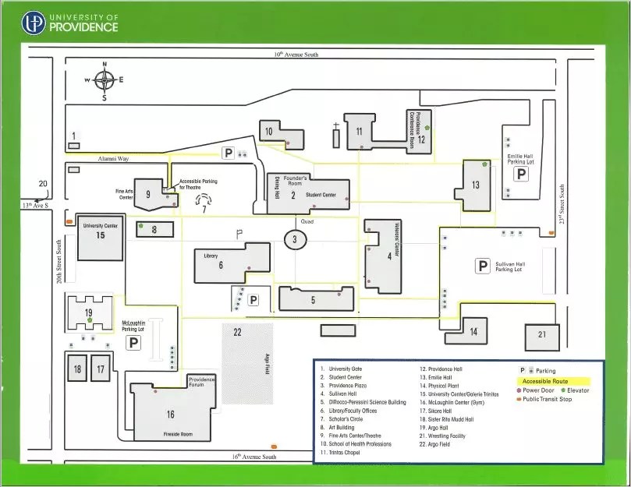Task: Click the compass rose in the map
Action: tap(105, 79)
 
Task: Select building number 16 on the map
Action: tap(170, 414)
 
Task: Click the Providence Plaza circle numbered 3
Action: tap(295, 240)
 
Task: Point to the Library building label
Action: tap(211, 256)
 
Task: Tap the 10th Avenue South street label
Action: tap(296, 55)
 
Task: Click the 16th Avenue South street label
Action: tap(253, 457)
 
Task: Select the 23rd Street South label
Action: tap(562, 205)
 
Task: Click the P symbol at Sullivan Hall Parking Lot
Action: tap(483, 266)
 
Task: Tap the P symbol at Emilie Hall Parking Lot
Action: tap(520, 175)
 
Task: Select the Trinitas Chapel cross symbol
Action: tap(336, 125)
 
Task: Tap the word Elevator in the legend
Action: tap(578, 390)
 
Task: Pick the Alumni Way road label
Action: tap(113, 158)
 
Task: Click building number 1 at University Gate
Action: tap(74, 137)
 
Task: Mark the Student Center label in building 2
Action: tap(321, 195)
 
